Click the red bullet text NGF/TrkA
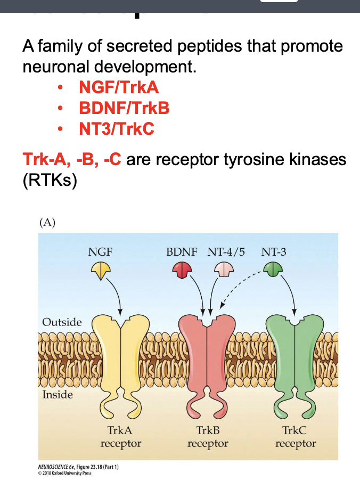click(118, 87)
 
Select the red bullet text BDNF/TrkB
click(124, 108)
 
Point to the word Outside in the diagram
click(62, 322)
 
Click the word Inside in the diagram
click(58, 395)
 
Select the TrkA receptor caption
click(120, 437)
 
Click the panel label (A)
click(47, 222)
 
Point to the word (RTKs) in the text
click(50, 180)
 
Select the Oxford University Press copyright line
click(61, 473)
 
